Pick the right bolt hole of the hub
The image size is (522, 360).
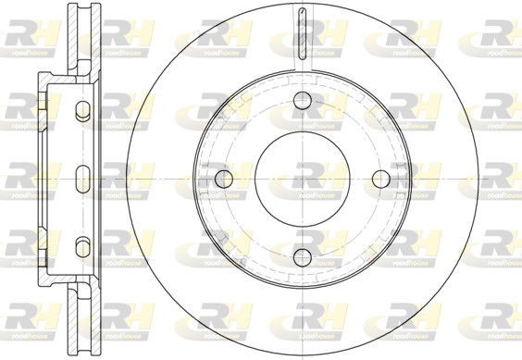coord(380,178)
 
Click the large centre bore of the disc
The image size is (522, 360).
coord(303,178)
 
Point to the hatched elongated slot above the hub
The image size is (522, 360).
coord(302,35)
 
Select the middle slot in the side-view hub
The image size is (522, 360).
coord(82,178)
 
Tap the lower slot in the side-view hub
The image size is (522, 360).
coord(82,244)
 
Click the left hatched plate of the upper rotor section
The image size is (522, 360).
coord(71,42)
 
